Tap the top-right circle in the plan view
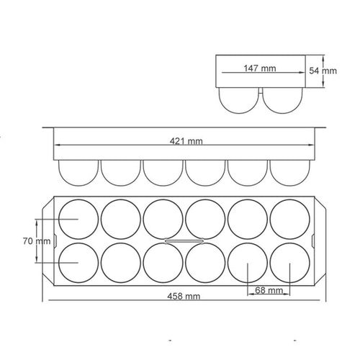(291, 218)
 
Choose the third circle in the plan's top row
(163, 218)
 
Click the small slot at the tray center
(184, 241)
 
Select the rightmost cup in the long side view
(290, 171)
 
